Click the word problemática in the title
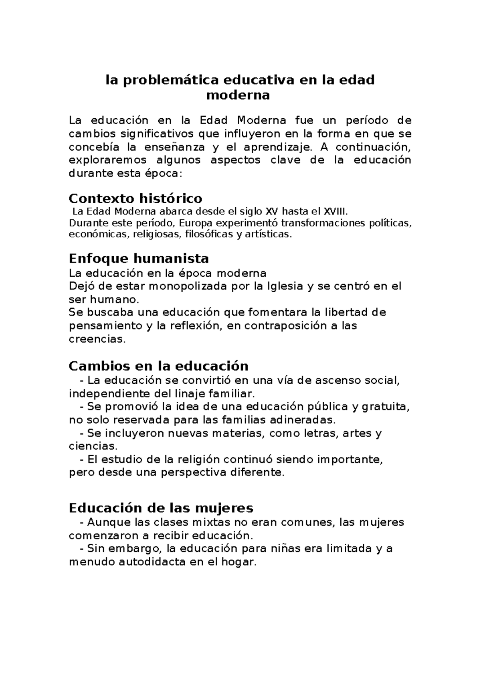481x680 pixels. [x=171, y=80]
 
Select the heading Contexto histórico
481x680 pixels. [x=135, y=198]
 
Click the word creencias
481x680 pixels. [x=97, y=339]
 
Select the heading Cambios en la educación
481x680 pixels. [x=159, y=366]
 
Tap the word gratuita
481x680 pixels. [x=386, y=407]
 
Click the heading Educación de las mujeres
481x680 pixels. [x=161, y=508]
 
